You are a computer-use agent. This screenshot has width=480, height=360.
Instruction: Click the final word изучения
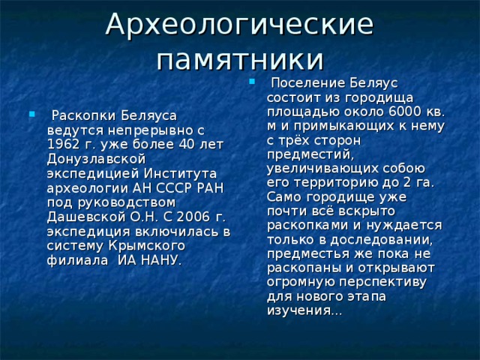303,310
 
